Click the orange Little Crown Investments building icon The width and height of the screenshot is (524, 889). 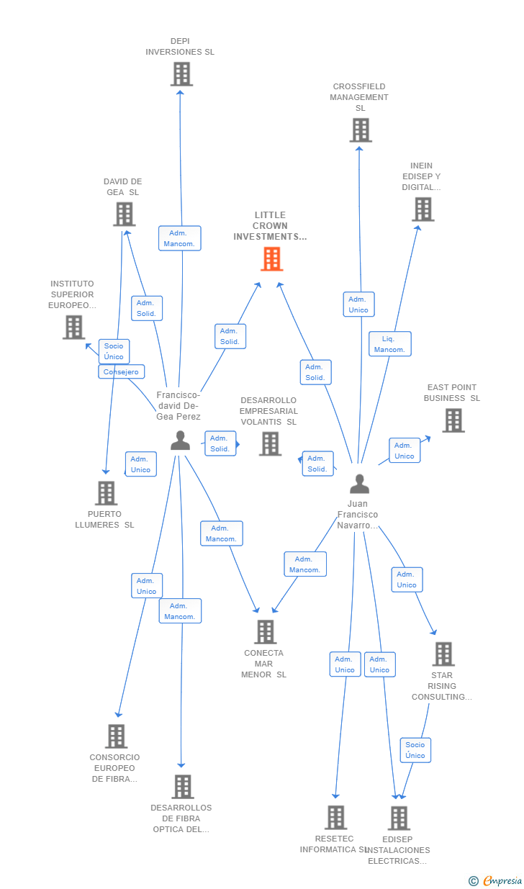click(x=271, y=259)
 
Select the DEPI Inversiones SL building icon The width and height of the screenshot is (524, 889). click(x=181, y=74)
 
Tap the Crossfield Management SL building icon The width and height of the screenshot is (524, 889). click(x=361, y=130)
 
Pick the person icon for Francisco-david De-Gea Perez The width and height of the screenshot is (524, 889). click(x=180, y=441)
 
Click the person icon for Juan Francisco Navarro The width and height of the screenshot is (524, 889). click(x=359, y=484)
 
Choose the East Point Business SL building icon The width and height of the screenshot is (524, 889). click(x=453, y=420)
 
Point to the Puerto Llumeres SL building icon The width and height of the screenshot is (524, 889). click(x=106, y=493)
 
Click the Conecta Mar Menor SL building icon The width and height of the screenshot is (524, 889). click(x=265, y=632)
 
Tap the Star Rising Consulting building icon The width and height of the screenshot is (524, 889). click(x=443, y=654)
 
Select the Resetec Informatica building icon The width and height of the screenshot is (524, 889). click(x=335, y=818)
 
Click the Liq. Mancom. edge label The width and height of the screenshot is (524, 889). click(x=389, y=343)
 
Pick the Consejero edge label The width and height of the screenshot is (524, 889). click(x=121, y=372)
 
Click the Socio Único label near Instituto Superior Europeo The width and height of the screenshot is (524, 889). click(x=114, y=351)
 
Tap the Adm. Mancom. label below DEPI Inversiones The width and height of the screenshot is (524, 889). click(x=179, y=238)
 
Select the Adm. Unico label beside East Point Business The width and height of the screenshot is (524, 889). click(x=405, y=451)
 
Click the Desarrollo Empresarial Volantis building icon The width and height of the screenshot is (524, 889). click(x=270, y=444)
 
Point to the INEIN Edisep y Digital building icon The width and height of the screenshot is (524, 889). click(x=423, y=209)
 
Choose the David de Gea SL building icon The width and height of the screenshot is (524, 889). click(x=124, y=214)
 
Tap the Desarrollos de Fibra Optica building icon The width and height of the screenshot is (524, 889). click(x=182, y=787)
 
